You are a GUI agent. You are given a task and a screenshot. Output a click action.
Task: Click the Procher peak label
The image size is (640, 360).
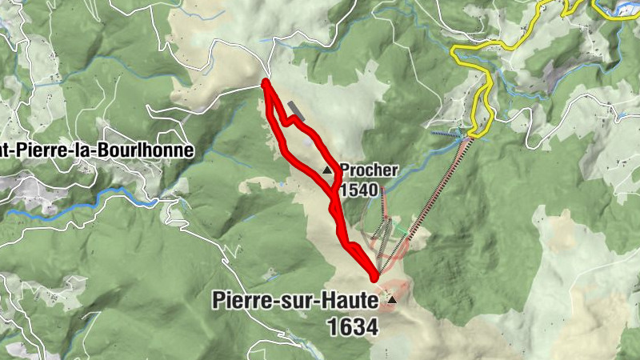[369, 170]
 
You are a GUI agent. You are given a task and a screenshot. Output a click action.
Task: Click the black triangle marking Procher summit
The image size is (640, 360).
[327, 170]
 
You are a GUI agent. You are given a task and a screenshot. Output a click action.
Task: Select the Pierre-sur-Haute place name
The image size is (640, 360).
[294, 301]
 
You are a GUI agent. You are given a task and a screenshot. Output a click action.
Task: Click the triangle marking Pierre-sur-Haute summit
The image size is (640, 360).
[392, 300]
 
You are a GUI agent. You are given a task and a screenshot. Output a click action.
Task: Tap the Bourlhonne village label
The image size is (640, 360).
[96, 150]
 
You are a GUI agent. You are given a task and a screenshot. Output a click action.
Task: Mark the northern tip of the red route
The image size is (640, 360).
[265, 83]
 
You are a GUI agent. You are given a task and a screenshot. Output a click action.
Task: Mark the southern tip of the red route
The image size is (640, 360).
[374, 278]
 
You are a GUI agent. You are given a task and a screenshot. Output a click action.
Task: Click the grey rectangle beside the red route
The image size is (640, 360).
[297, 110]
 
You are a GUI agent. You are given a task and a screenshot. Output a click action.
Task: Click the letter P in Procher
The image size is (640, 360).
[345, 170]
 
